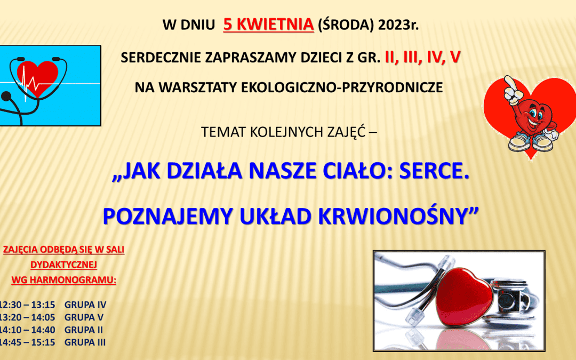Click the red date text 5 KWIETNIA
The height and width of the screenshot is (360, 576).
point(268,25)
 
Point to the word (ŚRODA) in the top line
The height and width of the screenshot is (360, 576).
point(346,25)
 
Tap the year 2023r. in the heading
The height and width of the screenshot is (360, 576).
point(398,25)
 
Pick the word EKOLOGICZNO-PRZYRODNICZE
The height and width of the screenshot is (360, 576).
point(342,87)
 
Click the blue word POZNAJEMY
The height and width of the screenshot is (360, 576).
point(168,217)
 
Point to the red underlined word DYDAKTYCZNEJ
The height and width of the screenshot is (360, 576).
point(63,265)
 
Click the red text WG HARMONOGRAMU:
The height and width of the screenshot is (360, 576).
point(63,280)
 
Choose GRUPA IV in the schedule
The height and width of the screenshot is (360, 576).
point(85,305)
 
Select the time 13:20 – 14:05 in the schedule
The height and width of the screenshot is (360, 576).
point(27,317)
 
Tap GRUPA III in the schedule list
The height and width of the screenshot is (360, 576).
point(85,342)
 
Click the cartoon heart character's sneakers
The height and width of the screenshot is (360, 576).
point(531,142)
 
